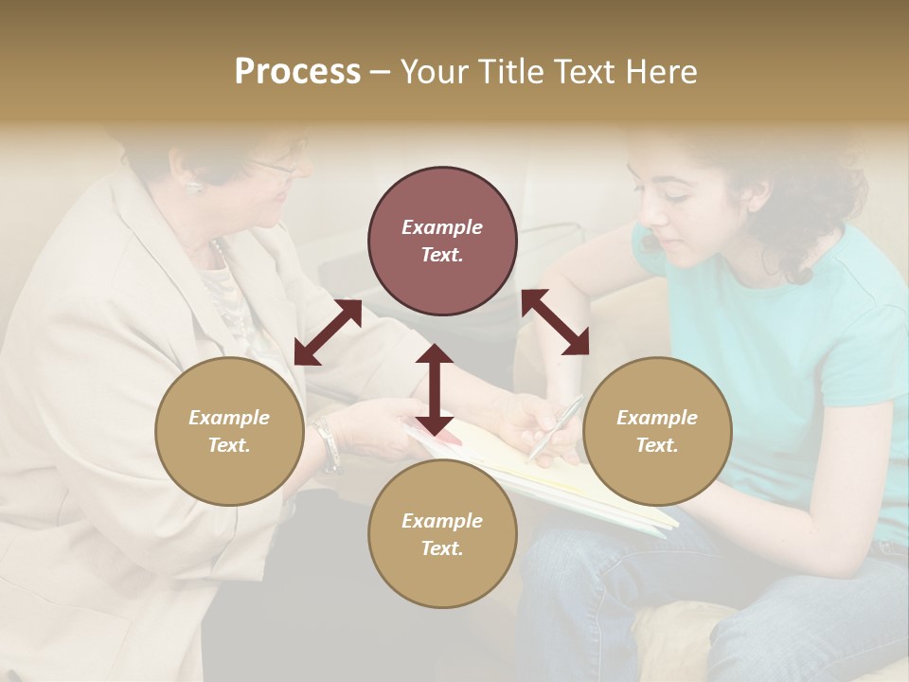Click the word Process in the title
297,72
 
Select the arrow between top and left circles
328,332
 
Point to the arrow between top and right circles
555,323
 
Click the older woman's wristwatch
328,445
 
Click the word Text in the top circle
442,255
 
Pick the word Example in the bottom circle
441,520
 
